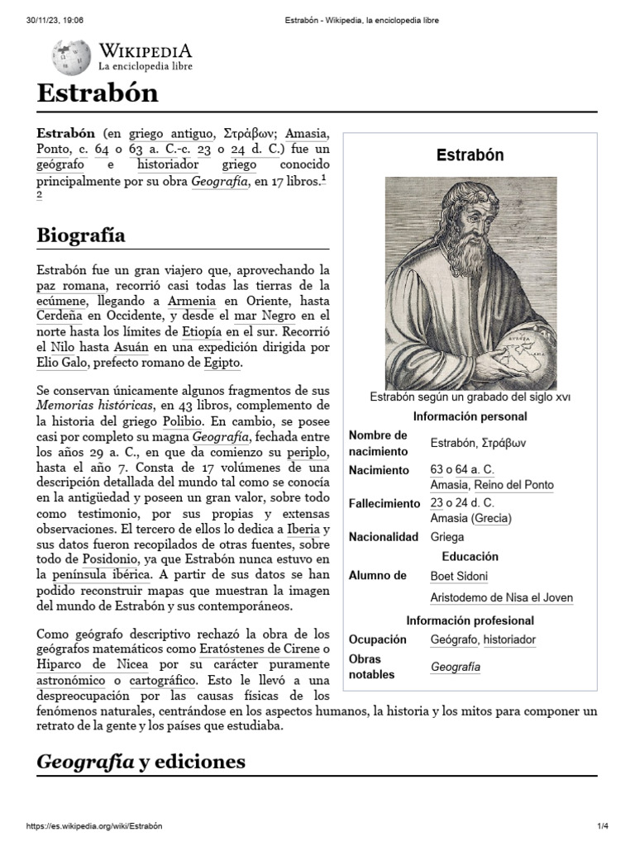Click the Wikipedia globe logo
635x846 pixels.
[71, 57]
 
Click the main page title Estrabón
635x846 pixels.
[98, 93]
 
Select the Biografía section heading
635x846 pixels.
[81, 235]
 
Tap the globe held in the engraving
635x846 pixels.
[521, 346]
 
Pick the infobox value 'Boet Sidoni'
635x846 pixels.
[459, 576]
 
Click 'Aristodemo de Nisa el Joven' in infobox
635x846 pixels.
[501, 597]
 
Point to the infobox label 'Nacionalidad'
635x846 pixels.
[384, 537]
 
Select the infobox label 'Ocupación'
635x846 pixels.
[379, 639]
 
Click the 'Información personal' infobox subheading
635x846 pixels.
[470, 416]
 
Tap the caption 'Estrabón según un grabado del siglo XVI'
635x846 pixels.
[470, 397]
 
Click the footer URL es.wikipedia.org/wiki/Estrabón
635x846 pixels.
[94, 827]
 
